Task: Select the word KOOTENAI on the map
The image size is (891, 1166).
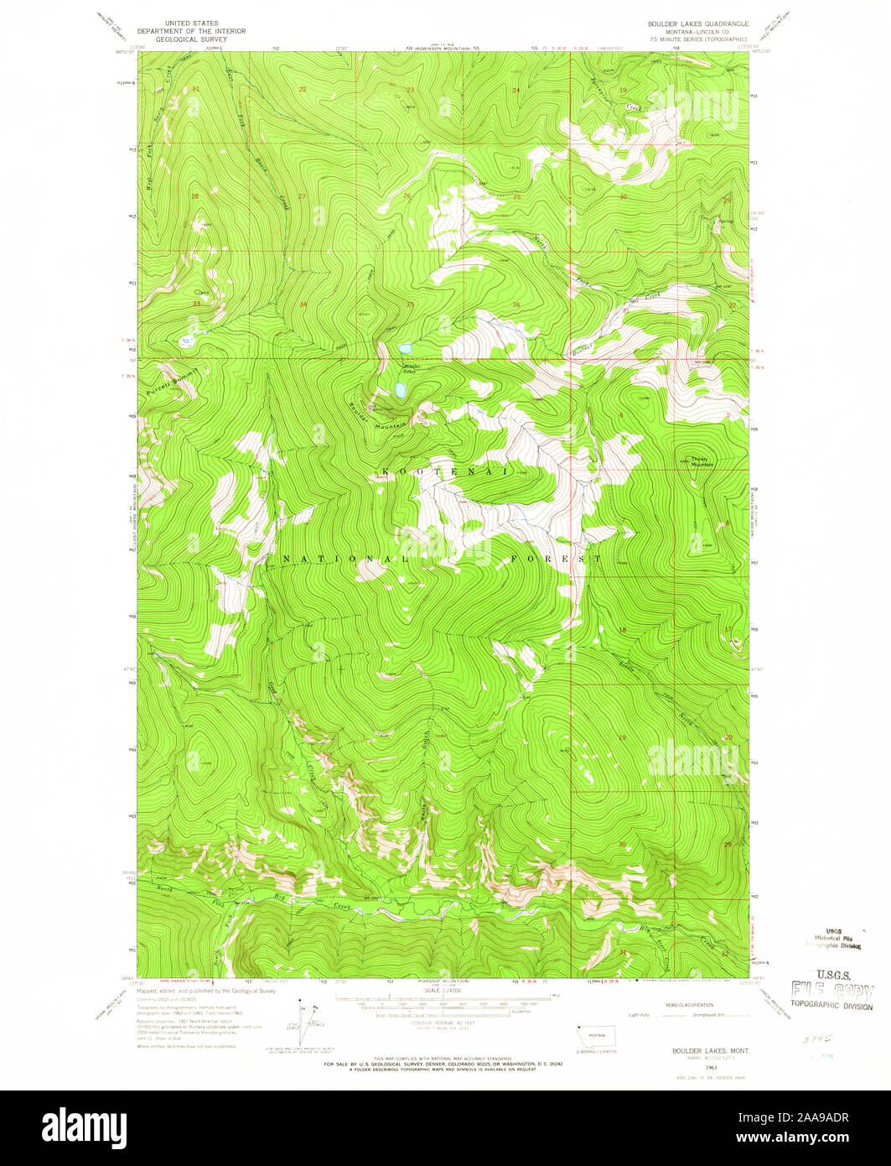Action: tap(445, 472)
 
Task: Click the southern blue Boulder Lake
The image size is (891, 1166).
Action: tap(401, 390)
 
